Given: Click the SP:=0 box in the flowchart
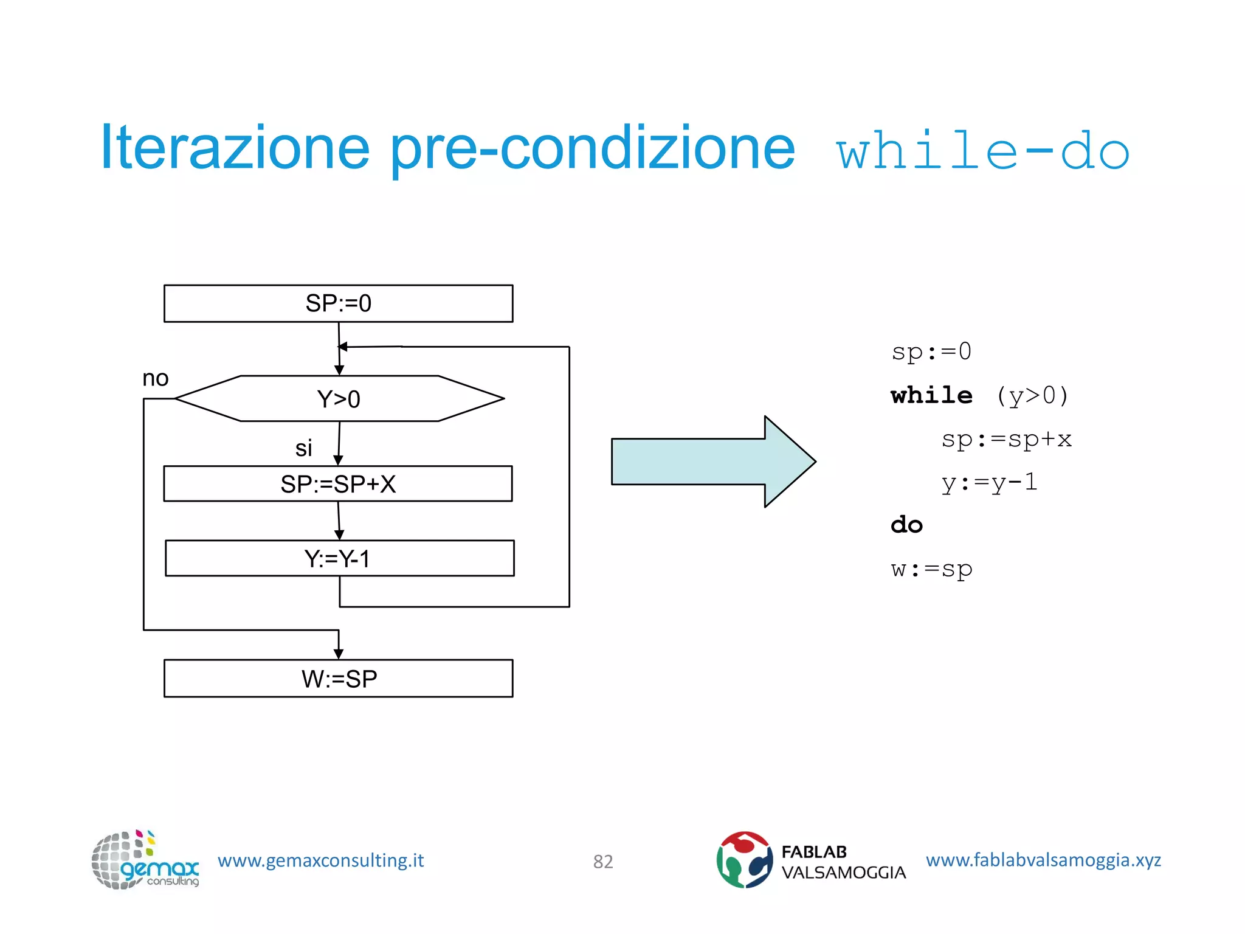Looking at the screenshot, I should [x=338, y=303].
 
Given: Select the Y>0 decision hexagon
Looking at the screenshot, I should [x=339, y=399].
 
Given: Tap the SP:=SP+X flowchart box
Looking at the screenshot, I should [x=338, y=484].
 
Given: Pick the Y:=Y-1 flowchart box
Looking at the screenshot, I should [x=339, y=558].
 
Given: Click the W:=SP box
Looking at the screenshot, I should [x=339, y=679].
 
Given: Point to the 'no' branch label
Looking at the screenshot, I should [x=155, y=379].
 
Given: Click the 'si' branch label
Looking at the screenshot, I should [x=303, y=449].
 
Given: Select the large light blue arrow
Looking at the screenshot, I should [x=711, y=462].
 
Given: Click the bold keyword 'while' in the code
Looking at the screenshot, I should [x=931, y=396].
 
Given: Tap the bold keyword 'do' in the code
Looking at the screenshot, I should [x=906, y=525].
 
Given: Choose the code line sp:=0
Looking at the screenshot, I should [x=931, y=352].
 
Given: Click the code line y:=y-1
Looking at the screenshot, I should [x=989, y=483].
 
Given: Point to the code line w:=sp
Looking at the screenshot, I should [x=931, y=569].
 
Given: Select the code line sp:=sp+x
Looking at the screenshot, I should [x=1006, y=439].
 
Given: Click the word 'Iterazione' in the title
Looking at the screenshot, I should [x=235, y=148].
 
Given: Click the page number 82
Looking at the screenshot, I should [x=603, y=862].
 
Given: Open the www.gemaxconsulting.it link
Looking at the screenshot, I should [x=320, y=860].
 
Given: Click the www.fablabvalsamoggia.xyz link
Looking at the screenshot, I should [x=1043, y=860].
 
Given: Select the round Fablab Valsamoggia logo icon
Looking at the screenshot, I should [x=744, y=860].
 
